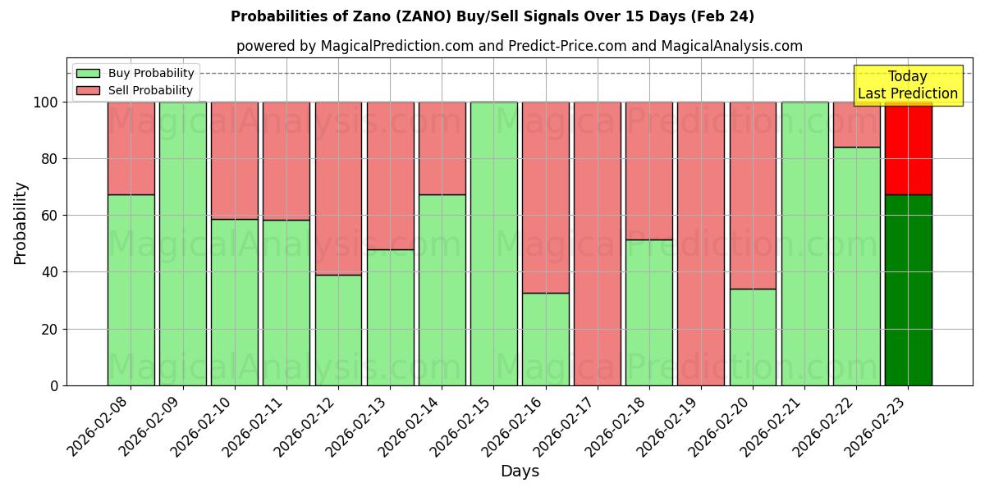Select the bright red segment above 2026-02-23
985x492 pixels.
(x=908, y=148)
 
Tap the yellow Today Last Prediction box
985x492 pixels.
(x=908, y=85)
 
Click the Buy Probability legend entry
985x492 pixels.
(x=135, y=73)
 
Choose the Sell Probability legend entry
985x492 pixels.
(x=135, y=90)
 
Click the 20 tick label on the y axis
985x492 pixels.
(x=51, y=330)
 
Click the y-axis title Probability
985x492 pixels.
(x=21, y=222)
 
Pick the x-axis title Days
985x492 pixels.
(x=520, y=471)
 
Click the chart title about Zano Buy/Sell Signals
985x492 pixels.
(x=492, y=16)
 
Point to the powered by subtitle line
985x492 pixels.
(x=520, y=46)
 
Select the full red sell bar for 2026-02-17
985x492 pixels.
(x=598, y=244)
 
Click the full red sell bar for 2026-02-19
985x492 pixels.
(x=701, y=244)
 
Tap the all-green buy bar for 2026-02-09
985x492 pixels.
(x=182, y=244)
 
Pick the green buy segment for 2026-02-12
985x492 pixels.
(x=338, y=330)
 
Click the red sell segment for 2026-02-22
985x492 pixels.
(x=856, y=125)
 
